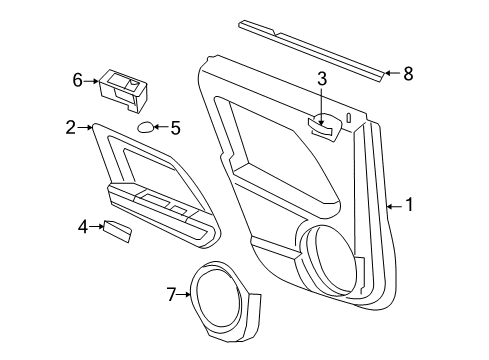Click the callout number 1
(x=408, y=205)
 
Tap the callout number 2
(x=71, y=126)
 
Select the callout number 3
(x=322, y=80)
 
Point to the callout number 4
(x=83, y=226)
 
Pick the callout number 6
(x=76, y=80)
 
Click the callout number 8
(x=407, y=72)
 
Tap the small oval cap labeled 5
(x=146, y=127)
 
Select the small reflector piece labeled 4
(x=118, y=232)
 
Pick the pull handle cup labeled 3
(x=321, y=124)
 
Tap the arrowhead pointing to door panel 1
(x=388, y=205)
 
